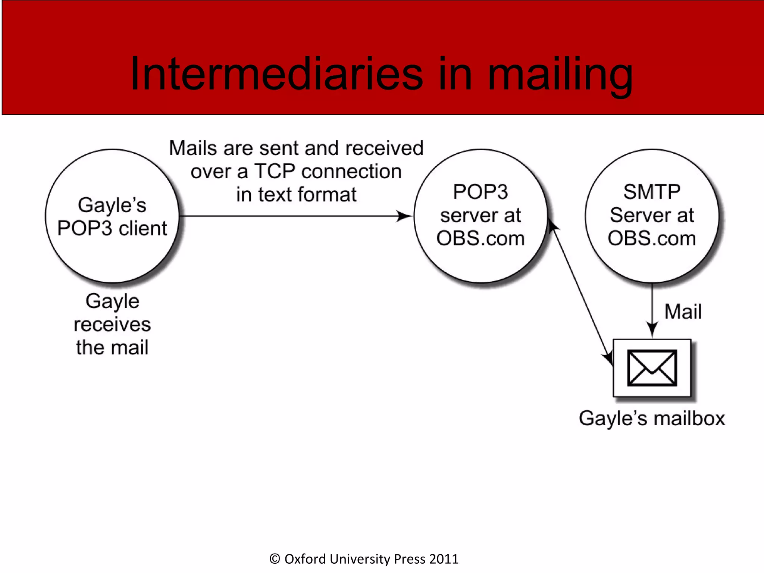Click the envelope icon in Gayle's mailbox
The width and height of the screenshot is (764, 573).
[x=652, y=368]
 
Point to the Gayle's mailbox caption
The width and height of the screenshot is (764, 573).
[x=652, y=418]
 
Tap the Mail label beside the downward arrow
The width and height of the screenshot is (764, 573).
[x=683, y=311]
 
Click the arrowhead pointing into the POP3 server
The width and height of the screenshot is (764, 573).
[x=405, y=216]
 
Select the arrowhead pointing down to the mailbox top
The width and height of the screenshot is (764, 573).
[x=652, y=330]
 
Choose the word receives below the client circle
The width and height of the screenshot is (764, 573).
[x=112, y=324]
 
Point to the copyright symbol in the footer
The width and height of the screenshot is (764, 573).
[x=275, y=559]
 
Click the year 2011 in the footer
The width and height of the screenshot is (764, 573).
[x=444, y=559]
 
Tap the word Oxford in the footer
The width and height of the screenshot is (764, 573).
[x=305, y=559]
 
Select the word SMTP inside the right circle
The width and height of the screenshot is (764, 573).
[x=652, y=192]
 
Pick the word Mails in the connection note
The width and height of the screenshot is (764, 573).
[x=193, y=148]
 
